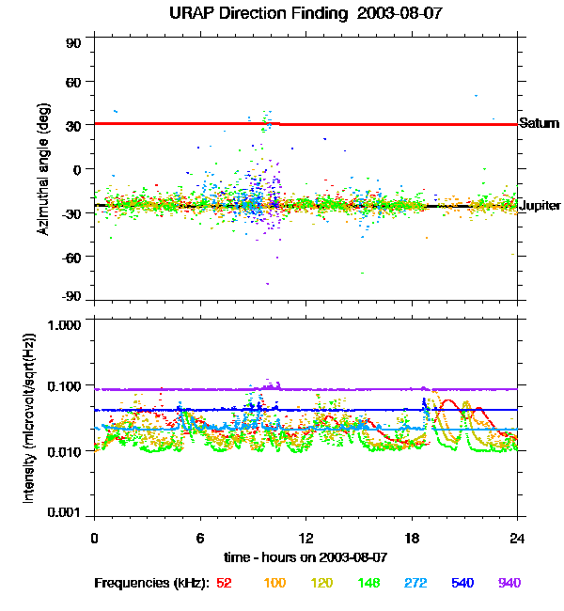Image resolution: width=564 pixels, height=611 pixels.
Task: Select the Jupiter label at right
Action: (x=540, y=205)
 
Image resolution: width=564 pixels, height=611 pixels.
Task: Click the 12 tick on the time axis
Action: (x=305, y=539)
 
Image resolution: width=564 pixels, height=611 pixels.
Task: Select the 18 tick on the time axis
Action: (x=412, y=539)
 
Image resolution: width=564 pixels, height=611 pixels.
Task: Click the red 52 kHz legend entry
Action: (x=224, y=583)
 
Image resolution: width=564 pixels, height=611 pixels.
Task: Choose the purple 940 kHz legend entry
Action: (x=509, y=583)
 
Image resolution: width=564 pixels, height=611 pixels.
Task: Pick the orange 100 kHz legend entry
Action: (x=274, y=583)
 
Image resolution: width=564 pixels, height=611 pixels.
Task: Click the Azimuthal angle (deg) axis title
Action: (x=43, y=169)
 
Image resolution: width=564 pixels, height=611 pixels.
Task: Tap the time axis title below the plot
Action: (x=305, y=558)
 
